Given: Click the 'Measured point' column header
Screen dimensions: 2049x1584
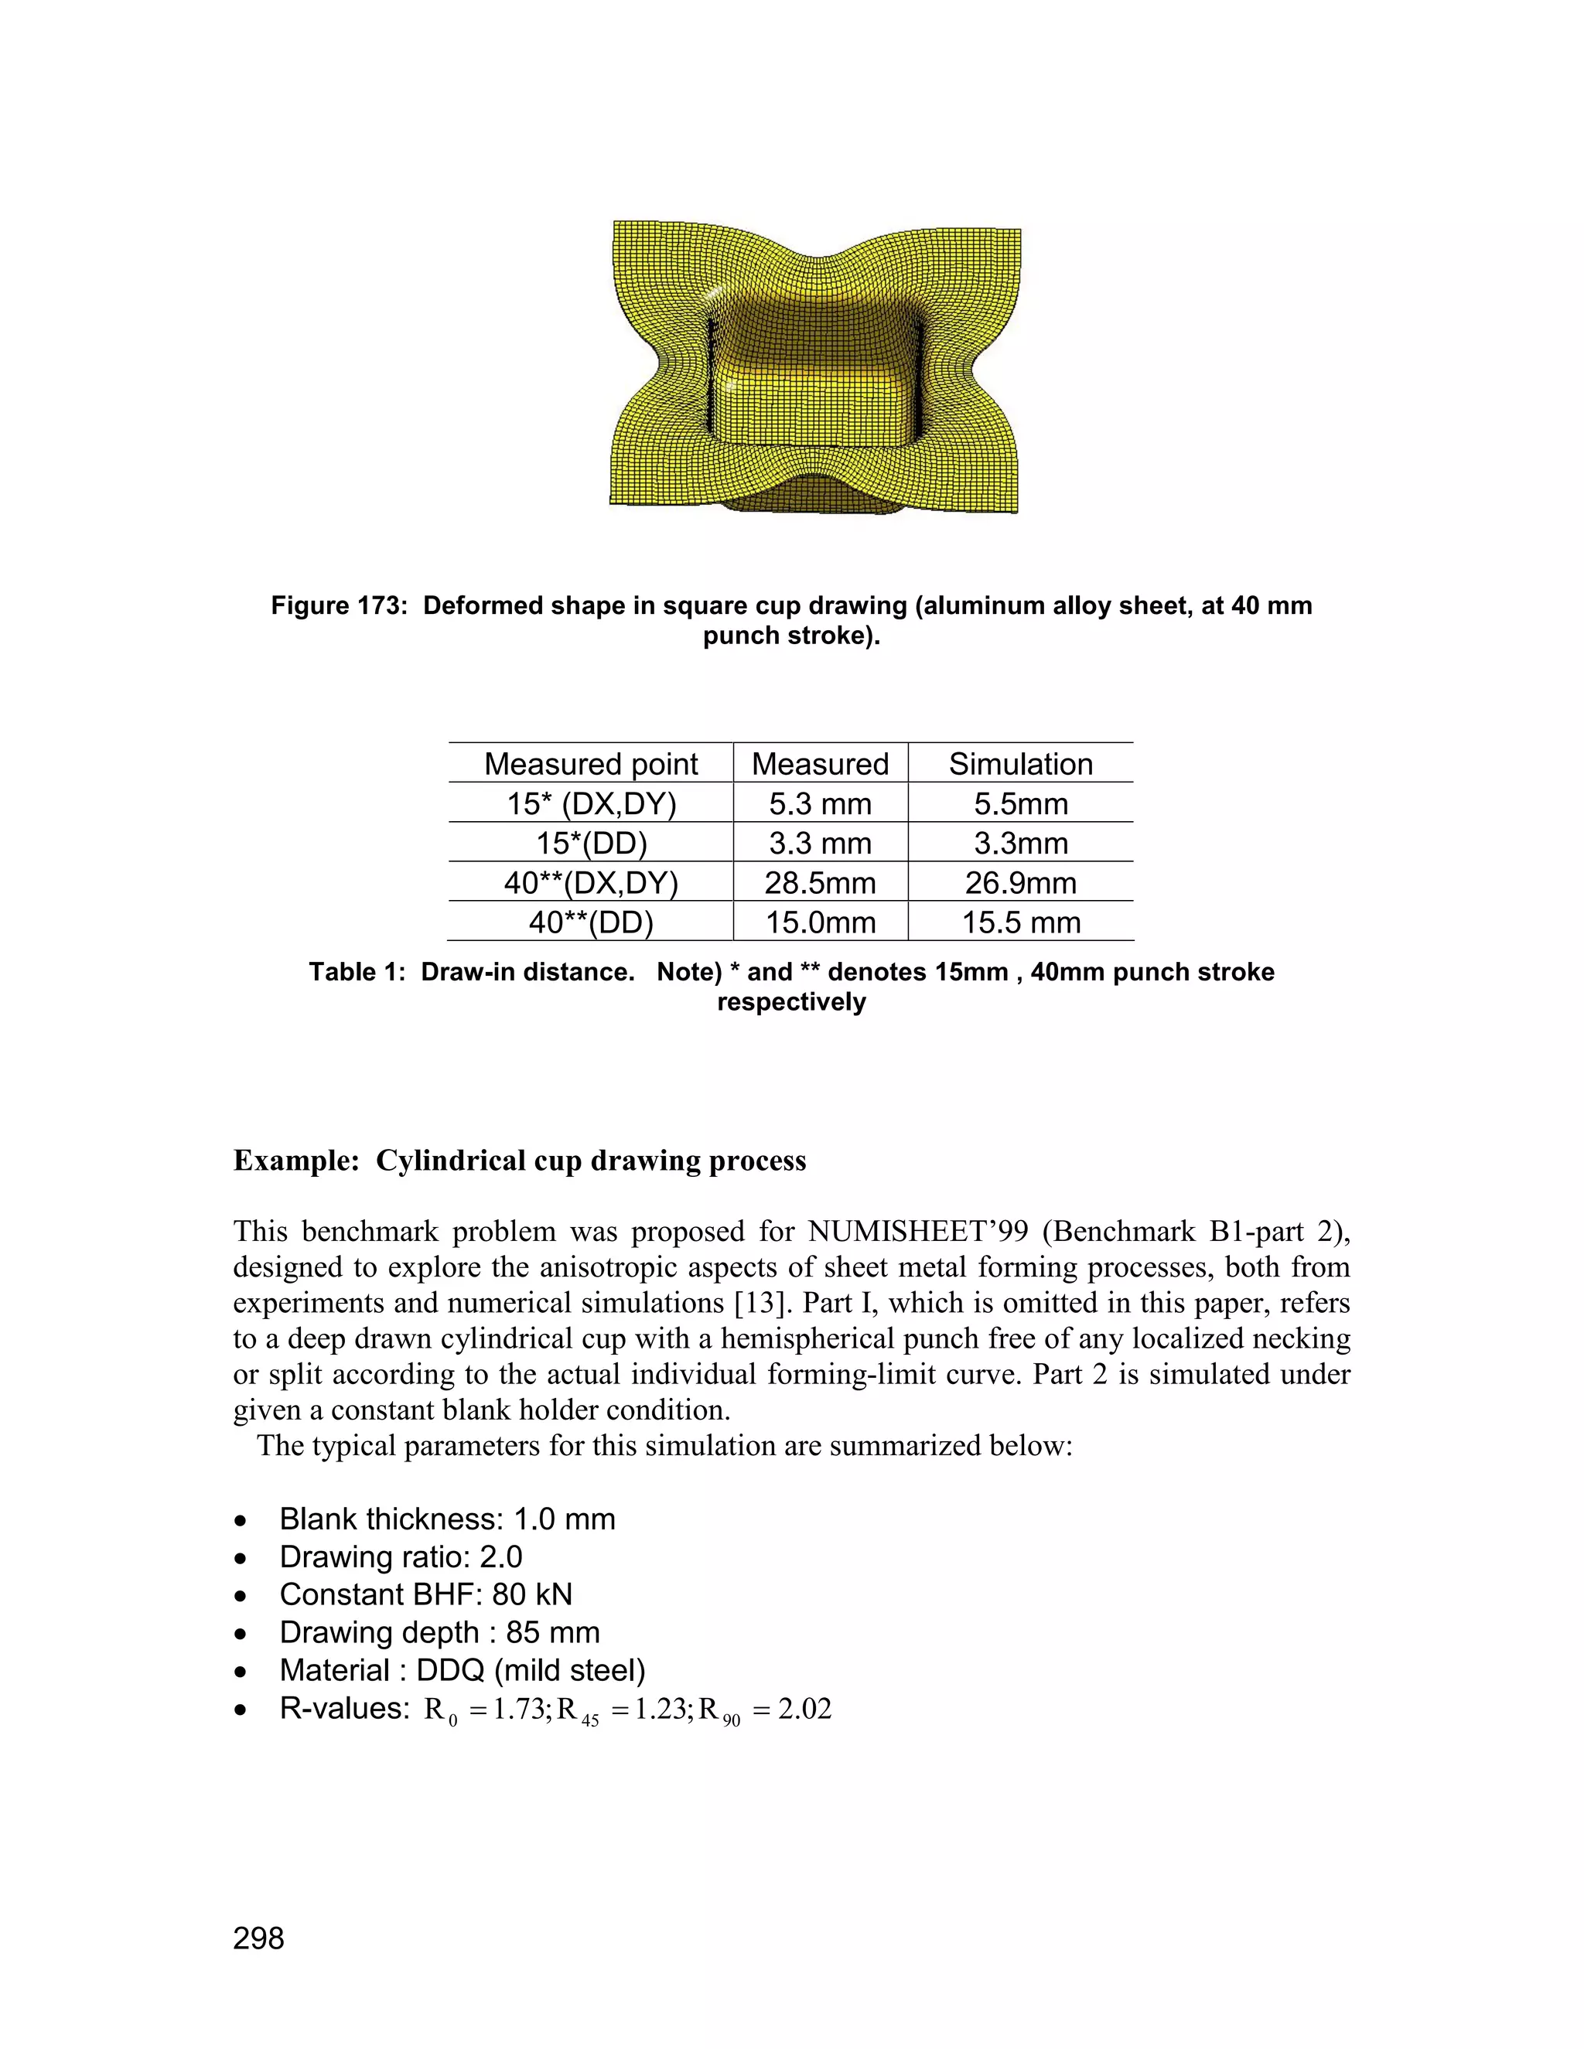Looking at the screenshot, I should [590, 764].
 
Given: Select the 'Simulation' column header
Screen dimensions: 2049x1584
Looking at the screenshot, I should [1020, 764].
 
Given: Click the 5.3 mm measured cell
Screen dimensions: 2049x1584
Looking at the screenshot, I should [820, 804].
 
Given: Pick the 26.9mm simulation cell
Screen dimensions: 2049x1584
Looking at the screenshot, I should [1020, 883].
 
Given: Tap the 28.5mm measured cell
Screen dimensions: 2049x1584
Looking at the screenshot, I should [820, 883].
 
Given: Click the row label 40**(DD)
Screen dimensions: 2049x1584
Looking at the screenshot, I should [590, 922].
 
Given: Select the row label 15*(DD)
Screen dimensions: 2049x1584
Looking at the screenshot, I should [590, 844].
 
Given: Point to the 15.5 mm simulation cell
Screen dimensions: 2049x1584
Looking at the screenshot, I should [1020, 922].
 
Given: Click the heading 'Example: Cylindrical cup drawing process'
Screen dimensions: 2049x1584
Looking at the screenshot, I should [519, 1161].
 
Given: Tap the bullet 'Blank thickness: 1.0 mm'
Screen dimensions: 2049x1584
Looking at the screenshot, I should [447, 1519].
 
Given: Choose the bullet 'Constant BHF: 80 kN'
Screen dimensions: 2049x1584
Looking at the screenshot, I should [425, 1594].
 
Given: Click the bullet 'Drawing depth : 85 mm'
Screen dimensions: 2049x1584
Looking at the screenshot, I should [439, 1632].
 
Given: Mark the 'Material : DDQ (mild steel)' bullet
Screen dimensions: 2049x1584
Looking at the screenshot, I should [462, 1670].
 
